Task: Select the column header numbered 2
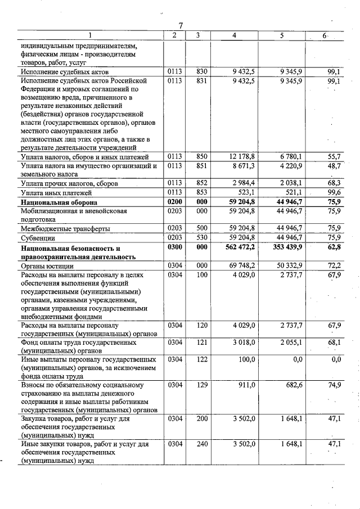coord(174,35)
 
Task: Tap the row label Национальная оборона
coord(59,202)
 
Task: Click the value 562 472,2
coord(241,247)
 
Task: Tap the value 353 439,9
coord(287,247)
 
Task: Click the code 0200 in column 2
coord(174,201)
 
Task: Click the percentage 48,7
coord(335,165)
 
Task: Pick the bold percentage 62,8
coord(335,247)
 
